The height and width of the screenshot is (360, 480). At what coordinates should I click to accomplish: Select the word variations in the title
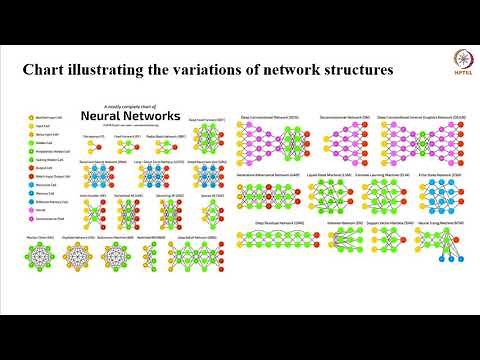click(194, 72)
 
